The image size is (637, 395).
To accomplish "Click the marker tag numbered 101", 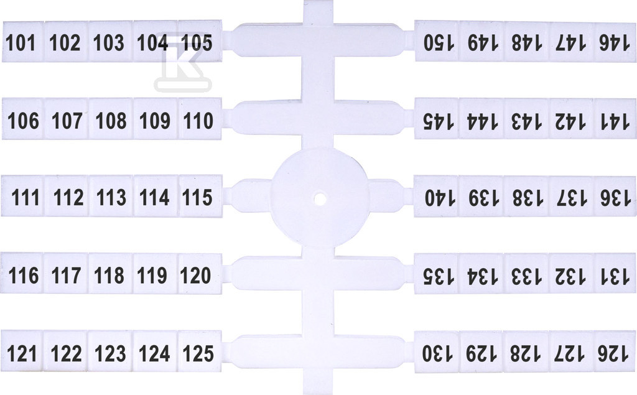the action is (23, 42).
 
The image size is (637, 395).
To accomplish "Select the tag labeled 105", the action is (200, 41).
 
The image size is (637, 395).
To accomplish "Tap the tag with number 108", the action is (111, 119).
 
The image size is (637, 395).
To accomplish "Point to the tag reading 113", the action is (111, 197).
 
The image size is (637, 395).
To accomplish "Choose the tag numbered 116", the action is (22, 274).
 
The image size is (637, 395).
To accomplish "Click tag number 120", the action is (200, 274).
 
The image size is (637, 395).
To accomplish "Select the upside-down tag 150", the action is (437, 41).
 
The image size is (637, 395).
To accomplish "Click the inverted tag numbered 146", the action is (615, 42).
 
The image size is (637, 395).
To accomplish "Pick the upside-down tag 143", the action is (526, 119).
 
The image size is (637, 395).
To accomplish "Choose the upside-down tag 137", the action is (570, 197).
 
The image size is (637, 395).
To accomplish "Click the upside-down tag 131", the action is (615, 274).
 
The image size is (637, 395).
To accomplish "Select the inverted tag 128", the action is (526, 352).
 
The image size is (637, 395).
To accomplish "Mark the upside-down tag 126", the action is (615, 352).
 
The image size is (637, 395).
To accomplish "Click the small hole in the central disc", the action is (320, 199).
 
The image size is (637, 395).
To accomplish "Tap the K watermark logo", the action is (184, 61).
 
